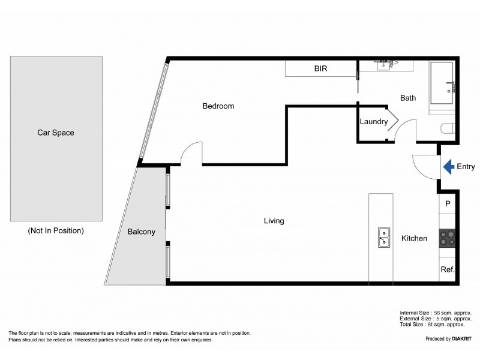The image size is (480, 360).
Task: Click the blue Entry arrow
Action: pos(449,167)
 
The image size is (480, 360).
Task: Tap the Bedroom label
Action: pos(218,106)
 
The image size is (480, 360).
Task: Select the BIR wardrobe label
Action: pos(320,68)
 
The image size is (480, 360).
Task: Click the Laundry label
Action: pos(374,122)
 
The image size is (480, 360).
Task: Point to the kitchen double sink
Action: pos(384,237)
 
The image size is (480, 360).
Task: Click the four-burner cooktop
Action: pos(447,238)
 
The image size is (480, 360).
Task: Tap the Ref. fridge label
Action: pos(448,269)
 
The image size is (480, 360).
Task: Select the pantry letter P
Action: pos(448,203)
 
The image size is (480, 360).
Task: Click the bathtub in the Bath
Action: pos(442,83)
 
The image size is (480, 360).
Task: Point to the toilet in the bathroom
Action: pos(448,128)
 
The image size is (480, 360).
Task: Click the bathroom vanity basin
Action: pos(383,65)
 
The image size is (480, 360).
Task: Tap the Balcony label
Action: pos(142,232)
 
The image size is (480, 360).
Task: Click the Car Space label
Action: pos(56,133)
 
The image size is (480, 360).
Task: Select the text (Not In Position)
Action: pos(56,230)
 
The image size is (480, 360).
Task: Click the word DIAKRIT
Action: pos(461,338)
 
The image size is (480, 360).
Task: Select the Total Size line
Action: pos(432,324)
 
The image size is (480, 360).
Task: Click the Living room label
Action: pos(274,221)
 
